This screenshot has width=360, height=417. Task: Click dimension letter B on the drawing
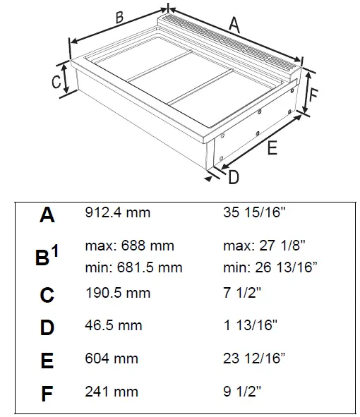click(119, 17)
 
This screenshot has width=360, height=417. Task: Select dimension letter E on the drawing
click(272, 147)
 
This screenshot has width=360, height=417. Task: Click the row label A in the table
click(47, 214)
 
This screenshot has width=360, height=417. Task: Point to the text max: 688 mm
click(129, 246)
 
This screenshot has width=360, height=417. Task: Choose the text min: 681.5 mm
click(133, 267)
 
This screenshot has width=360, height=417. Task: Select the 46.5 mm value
click(114, 326)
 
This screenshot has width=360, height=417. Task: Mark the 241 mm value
click(112, 392)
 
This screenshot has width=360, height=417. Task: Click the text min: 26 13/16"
click(270, 267)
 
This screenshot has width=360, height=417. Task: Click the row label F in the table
click(47, 393)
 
